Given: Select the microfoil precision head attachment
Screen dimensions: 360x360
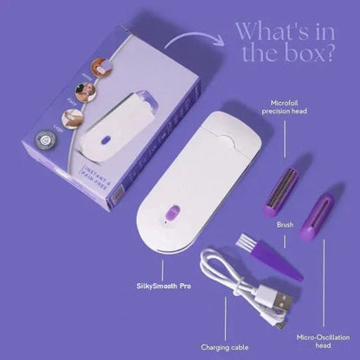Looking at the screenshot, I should [285, 183].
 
